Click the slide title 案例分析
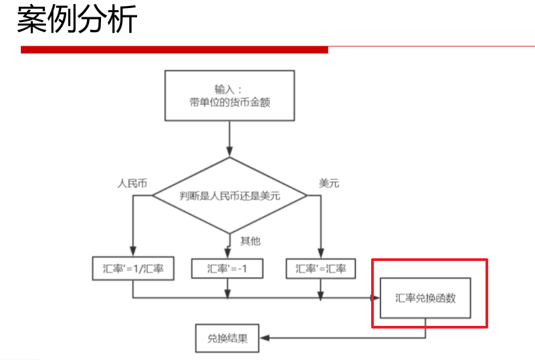point(77,20)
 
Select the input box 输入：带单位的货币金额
point(229,95)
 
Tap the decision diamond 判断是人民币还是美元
point(229,196)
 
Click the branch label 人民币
point(131,183)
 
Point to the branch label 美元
point(329,183)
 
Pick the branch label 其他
point(249,241)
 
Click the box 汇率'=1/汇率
point(133,268)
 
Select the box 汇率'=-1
point(227,268)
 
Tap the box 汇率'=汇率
point(320,268)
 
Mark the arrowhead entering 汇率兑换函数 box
point(376,297)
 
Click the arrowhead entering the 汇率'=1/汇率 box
point(133,254)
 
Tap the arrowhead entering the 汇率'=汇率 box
point(320,254)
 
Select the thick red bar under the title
point(174,50)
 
